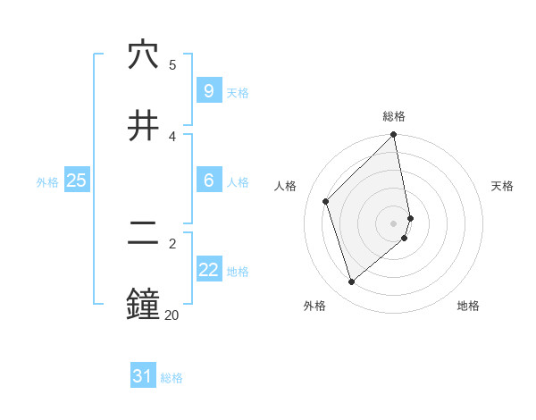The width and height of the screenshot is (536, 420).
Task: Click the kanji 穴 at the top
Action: (x=143, y=55)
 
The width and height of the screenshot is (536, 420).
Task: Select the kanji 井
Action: (x=143, y=124)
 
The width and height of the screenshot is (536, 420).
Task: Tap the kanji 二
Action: (x=143, y=234)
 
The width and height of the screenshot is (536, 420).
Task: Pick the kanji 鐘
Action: (x=143, y=304)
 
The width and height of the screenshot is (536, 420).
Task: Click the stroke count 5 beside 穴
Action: (x=172, y=64)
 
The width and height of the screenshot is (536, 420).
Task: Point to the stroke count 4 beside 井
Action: (x=172, y=135)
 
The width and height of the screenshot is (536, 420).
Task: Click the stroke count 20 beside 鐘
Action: (x=172, y=315)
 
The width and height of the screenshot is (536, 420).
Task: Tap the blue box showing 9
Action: (x=208, y=91)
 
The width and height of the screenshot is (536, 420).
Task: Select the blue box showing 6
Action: (x=208, y=181)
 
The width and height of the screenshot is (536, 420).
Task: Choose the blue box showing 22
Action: (x=208, y=270)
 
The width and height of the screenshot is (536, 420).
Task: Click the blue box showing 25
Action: (x=76, y=181)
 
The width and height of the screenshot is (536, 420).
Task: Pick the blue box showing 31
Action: (x=142, y=376)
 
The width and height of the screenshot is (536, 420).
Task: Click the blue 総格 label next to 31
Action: (x=172, y=378)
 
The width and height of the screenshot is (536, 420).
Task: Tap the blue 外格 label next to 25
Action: (x=47, y=182)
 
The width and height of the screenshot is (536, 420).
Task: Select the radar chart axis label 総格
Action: (x=394, y=116)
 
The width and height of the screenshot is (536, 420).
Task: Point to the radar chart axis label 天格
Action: (x=502, y=186)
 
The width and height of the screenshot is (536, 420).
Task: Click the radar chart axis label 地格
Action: (x=468, y=306)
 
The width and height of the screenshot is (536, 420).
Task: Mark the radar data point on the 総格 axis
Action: (x=394, y=136)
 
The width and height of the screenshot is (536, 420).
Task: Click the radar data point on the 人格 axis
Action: (x=326, y=201)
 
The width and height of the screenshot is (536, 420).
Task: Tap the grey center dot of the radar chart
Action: (x=394, y=223)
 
